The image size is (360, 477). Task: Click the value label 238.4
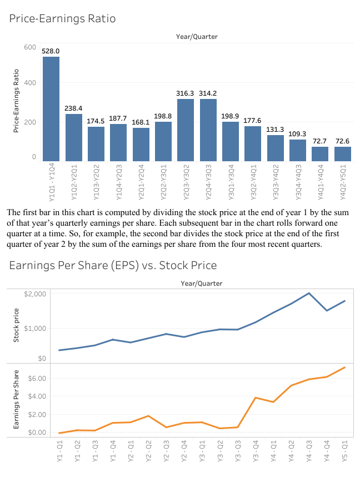pyautogui.click(x=73, y=108)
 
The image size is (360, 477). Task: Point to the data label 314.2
pyautogui.click(x=208, y=93)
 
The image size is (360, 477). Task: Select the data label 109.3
pyautogui.click(x=297, y=134)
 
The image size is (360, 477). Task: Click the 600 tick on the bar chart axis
pyautogui.click(x=30, y=47)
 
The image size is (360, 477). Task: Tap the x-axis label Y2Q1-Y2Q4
pyautogui.click(x=141, y=178)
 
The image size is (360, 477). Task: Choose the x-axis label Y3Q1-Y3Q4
pyautogui.click(x=231, y=178)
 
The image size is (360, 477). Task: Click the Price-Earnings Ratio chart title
pyautogui.click(x=62, y=18)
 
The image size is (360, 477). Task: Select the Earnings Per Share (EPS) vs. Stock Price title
pyautogui.click(x=113, y=265)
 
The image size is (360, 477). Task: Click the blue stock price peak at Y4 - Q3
pyautogui.click(x=309, y=293)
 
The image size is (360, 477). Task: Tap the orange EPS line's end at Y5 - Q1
pyautogui.click(x=345, y=367)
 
